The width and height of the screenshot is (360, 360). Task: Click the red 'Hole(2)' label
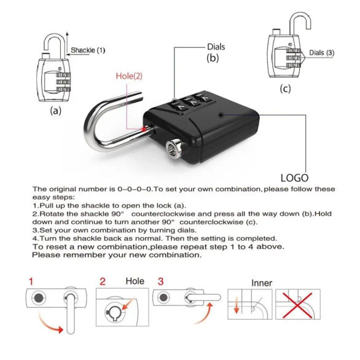pos(129,76)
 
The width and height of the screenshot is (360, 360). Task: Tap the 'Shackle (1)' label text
pos(88,50)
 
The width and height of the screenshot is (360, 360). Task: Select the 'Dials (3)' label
pos(321,52)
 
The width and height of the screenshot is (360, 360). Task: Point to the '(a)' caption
pos(56,111)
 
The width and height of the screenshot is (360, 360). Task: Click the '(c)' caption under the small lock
pos(285,88)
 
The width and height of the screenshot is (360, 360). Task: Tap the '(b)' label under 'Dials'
pos(212,59)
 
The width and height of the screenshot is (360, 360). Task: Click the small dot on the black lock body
pos(220,115)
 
